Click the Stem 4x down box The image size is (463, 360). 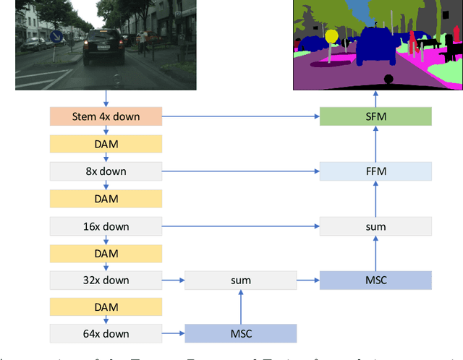[106, 116]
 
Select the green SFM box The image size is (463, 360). [375, 116]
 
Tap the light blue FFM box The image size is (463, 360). [375, 171]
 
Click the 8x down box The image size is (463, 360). [106, 171]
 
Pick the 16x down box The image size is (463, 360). [106, 226]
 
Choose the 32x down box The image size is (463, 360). [106, 280]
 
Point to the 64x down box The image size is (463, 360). [106, 333]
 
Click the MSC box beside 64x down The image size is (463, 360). [241, 333]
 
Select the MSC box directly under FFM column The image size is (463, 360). [375, 280]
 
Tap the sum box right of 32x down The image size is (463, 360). [241, 280]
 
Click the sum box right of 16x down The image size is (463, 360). [375, 226]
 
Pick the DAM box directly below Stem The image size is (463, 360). [106, 144]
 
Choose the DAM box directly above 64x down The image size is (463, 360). [106, 307]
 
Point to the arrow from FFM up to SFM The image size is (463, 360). [375, 144]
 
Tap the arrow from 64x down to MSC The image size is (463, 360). [174, 333]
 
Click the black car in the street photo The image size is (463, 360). [103, 48]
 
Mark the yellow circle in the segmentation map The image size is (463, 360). [331, 35]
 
